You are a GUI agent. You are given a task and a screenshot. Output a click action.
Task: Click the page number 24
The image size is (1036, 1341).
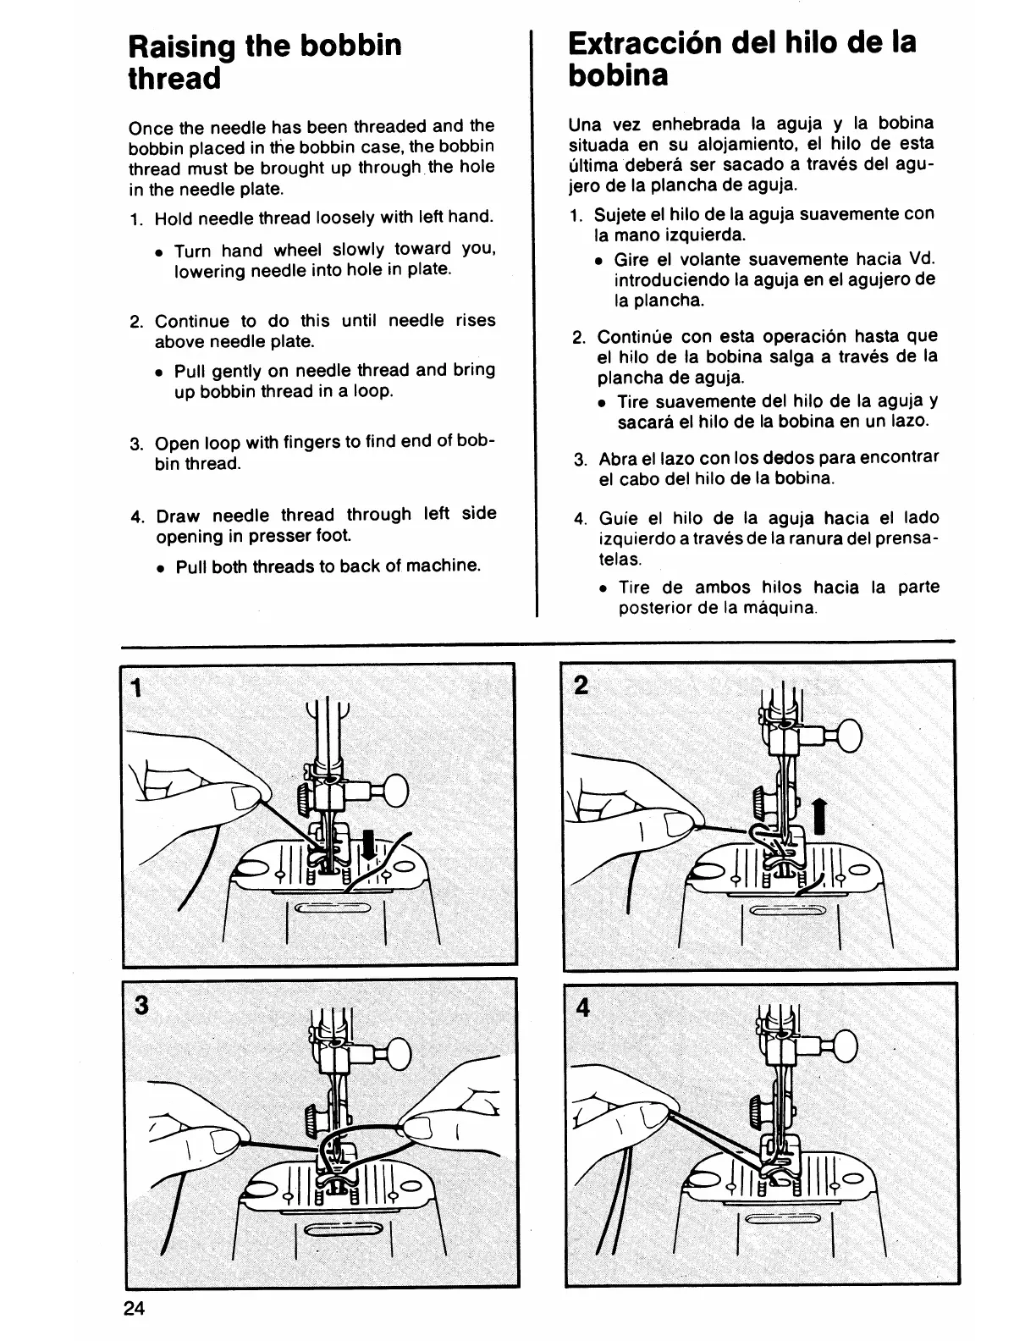(135, 1308)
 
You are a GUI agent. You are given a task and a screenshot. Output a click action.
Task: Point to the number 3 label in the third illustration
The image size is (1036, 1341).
(141, 1005)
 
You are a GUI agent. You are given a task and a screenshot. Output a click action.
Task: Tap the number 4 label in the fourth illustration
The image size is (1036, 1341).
(583, 1007)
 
